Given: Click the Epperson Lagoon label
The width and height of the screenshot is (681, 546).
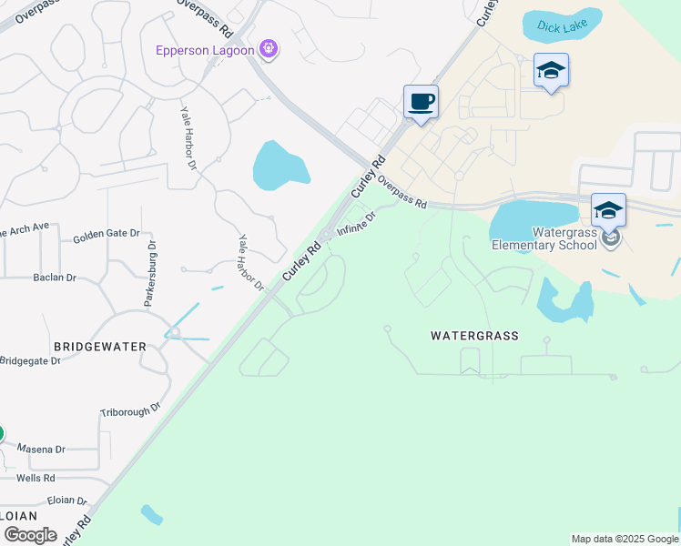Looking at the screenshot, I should coord(205,50).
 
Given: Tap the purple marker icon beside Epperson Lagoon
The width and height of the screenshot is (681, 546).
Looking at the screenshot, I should coord(269,49).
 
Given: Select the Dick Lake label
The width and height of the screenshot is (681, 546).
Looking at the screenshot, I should coord(561,26).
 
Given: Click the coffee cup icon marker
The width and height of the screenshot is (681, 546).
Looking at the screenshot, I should coord(421,101).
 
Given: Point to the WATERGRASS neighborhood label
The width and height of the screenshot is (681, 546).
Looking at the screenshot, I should coord(474,336).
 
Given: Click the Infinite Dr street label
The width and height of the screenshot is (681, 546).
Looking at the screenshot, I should coord(357,224).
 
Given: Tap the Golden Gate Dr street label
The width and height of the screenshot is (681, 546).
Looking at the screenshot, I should coord(107,235).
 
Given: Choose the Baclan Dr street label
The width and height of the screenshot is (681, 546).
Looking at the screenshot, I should coord(54,277).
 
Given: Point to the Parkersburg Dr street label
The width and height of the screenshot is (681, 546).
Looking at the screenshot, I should coord(151,273).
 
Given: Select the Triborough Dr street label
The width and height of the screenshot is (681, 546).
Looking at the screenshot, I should coord(130,411).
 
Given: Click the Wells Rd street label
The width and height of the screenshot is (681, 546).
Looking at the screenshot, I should coord(36,477).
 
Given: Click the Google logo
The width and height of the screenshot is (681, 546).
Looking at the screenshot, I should coord(29,535).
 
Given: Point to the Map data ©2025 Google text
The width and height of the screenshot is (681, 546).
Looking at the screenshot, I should coord(625,539).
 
